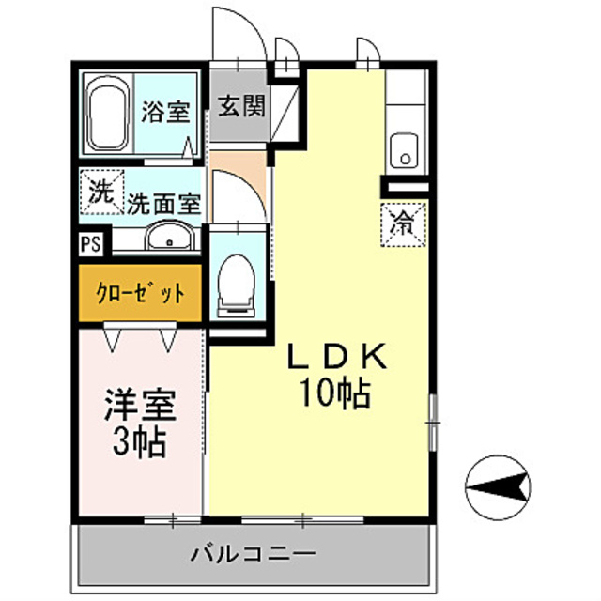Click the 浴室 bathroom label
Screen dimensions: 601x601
166,113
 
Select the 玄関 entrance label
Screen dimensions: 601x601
241,105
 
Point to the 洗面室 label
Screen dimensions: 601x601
163,201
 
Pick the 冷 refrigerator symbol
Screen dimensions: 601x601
402,223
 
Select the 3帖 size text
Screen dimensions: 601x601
139,440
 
